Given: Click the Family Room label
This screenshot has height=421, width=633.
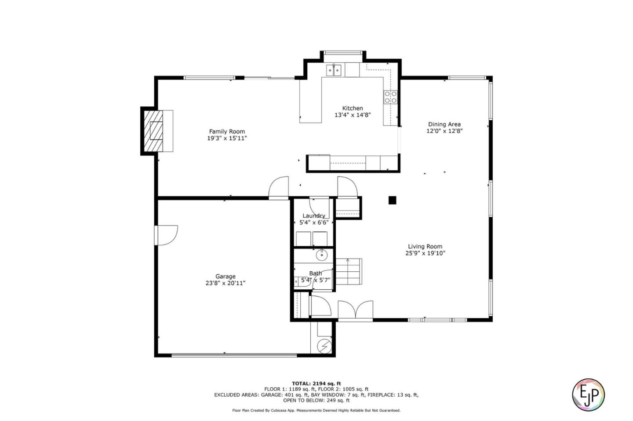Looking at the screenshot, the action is point(227,132).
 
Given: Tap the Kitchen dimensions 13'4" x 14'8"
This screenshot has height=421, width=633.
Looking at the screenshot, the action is point(353,115).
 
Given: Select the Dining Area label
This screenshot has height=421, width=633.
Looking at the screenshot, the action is point(444,124).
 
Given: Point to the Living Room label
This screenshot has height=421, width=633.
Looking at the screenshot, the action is point(425,246).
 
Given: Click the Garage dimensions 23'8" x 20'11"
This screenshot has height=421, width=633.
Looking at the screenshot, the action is point(225,283).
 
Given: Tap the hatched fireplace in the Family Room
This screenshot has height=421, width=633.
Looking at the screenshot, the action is point(153,131).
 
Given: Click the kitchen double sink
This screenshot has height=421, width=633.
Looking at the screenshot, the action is point(334,70).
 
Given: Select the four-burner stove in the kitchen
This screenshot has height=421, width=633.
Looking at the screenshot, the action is point(390,97).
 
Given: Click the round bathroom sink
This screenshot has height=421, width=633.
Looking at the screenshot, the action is point(322,255).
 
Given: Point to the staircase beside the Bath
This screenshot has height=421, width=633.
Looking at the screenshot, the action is point(349,271).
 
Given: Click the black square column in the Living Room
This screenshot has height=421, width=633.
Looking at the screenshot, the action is point(392,200).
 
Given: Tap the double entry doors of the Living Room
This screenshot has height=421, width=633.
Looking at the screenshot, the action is point(356,310).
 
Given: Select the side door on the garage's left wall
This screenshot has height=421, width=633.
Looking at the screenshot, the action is point(166,235).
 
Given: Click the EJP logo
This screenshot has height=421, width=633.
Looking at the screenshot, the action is point(588,395).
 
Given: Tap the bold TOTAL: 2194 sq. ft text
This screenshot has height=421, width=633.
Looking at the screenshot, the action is point(316,384).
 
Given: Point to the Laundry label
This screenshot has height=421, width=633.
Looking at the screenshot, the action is point(314,216).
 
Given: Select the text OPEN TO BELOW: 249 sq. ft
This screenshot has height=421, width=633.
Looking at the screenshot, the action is point(316,400).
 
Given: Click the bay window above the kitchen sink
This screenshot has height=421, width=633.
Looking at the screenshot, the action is point(343,53).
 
